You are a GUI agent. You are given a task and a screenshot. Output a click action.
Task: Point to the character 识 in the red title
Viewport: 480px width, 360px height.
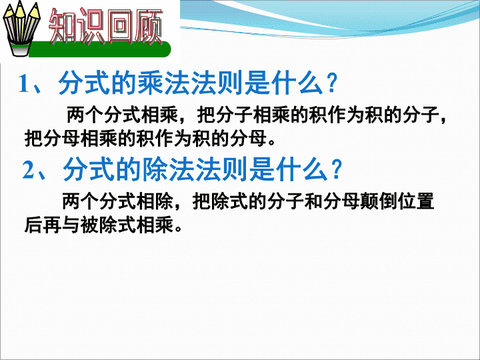tap(91, 26)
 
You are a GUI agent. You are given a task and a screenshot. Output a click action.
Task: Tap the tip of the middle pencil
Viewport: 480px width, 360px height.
tap(20, 2)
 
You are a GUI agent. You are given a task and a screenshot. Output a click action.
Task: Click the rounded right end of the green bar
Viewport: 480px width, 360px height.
tap(166, 49)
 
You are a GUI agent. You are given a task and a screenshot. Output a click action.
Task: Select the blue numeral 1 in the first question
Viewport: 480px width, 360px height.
tap(24, 83)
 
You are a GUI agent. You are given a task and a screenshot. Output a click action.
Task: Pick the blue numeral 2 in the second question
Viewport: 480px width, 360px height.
tap(29, 169)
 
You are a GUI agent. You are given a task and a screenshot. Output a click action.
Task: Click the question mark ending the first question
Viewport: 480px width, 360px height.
tap(331, 83)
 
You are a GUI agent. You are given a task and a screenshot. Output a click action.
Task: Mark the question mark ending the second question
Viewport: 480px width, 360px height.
tap(336, 169)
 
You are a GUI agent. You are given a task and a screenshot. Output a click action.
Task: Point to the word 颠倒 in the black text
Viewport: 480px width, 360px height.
tap(379, 201)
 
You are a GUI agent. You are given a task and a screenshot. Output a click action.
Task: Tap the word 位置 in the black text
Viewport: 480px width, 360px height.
tap(416, 201)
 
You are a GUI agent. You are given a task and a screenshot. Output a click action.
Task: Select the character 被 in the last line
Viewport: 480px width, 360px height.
tap(90, 225)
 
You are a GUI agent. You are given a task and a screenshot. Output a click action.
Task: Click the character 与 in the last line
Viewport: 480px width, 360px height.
tap(71, 225)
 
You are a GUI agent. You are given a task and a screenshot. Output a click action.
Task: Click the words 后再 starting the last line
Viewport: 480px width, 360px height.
tap(43, 225)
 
